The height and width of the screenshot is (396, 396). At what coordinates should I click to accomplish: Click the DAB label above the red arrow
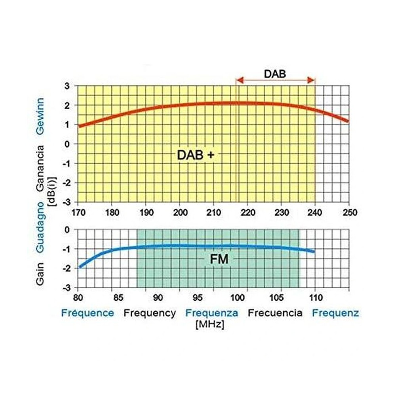point(275,74)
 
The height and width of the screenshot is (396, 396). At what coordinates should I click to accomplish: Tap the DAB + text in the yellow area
point(196,155)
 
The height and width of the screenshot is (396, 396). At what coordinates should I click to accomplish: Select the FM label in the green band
point(219,260)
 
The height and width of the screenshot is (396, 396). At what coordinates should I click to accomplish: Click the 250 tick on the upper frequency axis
point(349,212)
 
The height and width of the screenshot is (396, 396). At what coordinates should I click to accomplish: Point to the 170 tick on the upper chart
point(77,212)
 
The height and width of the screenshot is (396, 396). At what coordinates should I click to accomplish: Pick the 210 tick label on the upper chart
point(213,212)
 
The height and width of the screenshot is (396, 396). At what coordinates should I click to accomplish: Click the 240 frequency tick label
point(315,212)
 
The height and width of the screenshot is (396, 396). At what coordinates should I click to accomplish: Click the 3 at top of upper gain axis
point(67,86)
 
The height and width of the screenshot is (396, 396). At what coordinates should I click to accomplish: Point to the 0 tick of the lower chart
point(67,230)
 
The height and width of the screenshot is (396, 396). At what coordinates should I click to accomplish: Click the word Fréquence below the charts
point(87,313)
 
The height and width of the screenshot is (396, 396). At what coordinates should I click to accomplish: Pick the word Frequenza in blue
point(212,313)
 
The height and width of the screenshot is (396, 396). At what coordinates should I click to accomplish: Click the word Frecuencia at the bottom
point(275,313)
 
